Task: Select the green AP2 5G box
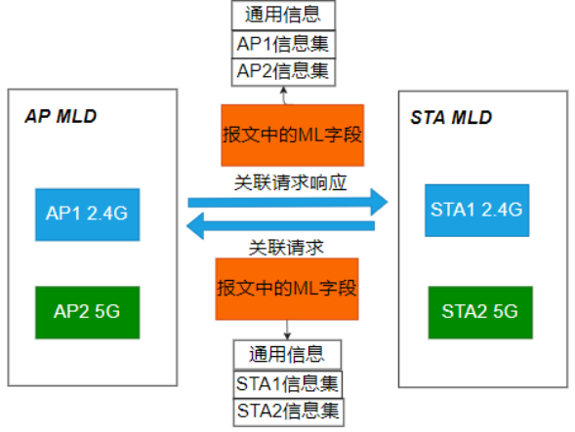pos(86,312)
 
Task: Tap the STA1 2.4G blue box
pos(475,209)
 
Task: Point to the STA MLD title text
pos(451,118)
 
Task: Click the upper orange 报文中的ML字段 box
pos(292,135)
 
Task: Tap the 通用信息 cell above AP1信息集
pos(284,16)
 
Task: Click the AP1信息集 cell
pos(284,44)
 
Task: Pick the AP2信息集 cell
pos(284,71)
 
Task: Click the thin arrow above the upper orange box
pos(284,94)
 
